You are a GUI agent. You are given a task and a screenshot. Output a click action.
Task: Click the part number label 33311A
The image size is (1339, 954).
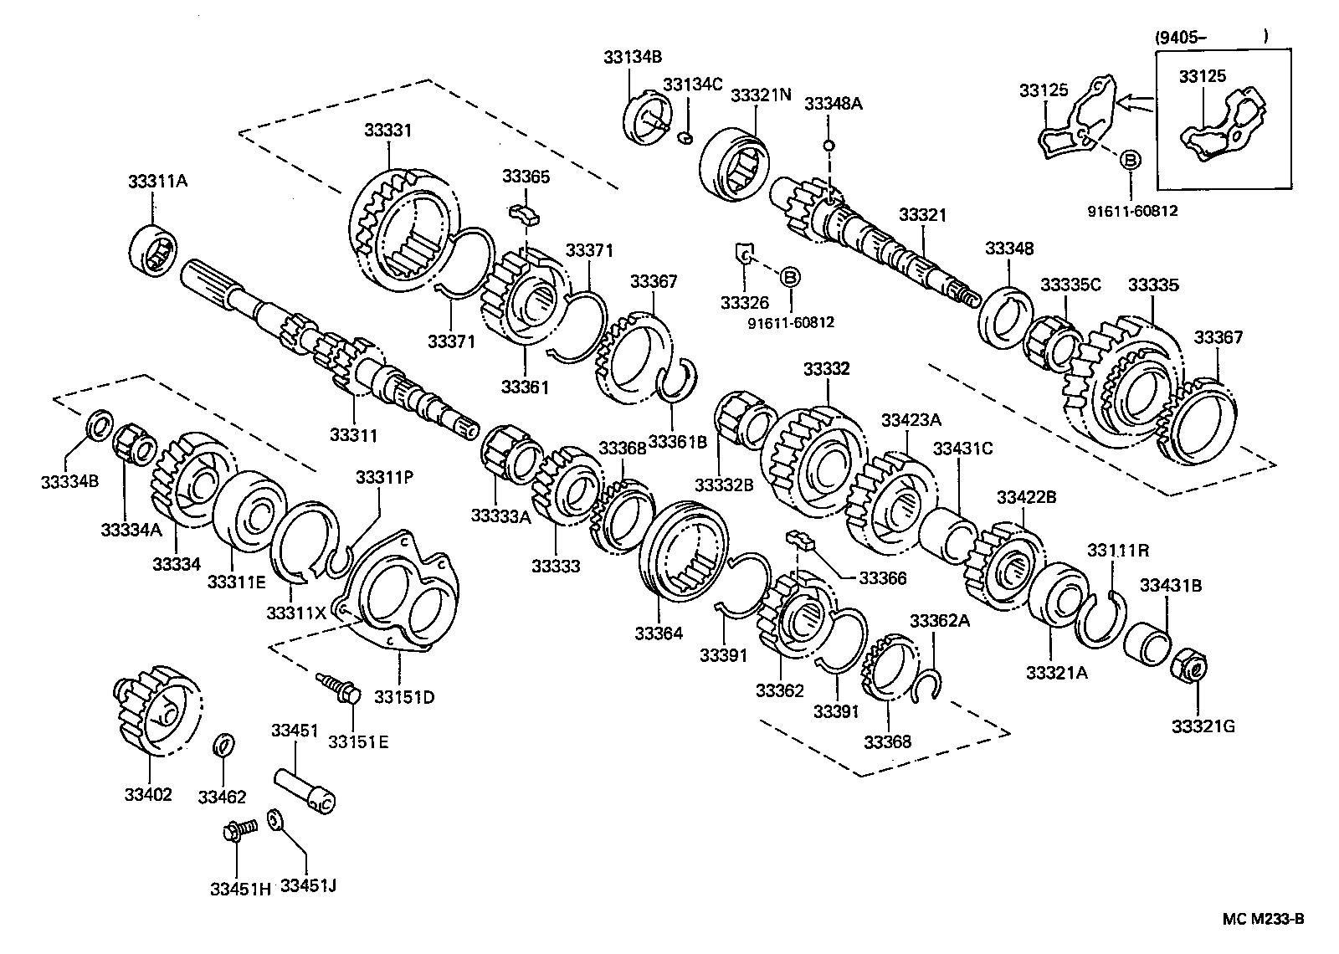coord(158,181)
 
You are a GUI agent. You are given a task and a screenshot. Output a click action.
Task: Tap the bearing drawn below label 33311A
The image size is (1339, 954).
coord(154,249)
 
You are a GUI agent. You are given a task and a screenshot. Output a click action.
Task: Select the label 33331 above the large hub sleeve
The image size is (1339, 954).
coord(388,131)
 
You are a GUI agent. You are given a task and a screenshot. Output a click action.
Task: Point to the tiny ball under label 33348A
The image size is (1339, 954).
coord(829,146)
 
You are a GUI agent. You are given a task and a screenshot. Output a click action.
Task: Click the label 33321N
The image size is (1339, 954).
coord(761,95)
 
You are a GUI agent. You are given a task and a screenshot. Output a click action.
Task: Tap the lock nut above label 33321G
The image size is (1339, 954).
coord(1189,666)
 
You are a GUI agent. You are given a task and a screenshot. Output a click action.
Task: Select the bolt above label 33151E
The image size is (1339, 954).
coord(339,688)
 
